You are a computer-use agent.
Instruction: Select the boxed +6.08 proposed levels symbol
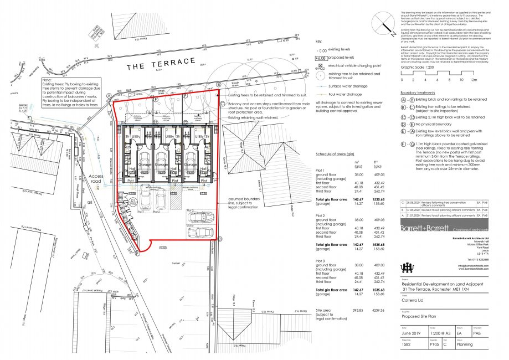pos(320,57)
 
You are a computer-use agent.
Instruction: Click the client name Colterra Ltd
pos(413,303)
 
